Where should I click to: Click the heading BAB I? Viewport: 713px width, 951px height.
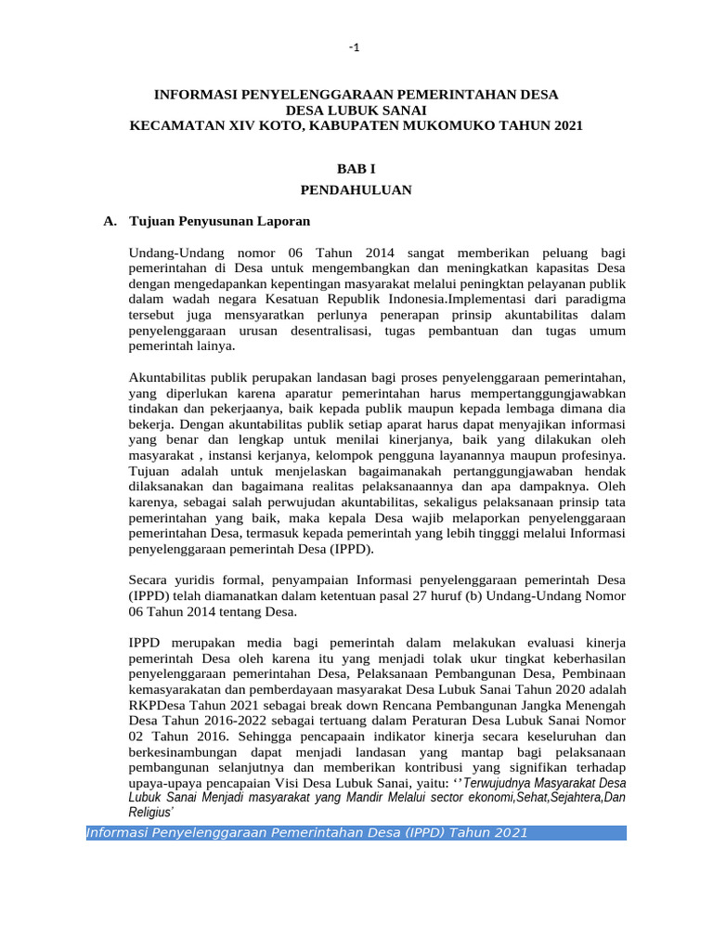(x=356, y=168)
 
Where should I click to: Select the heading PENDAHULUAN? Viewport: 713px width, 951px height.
(x=356, y=189)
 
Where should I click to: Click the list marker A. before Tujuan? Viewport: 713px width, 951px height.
(x=110, y=222)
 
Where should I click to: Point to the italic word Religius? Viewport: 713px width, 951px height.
(x=150, y=812)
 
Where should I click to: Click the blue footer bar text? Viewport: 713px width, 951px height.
(x=306, y=832)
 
